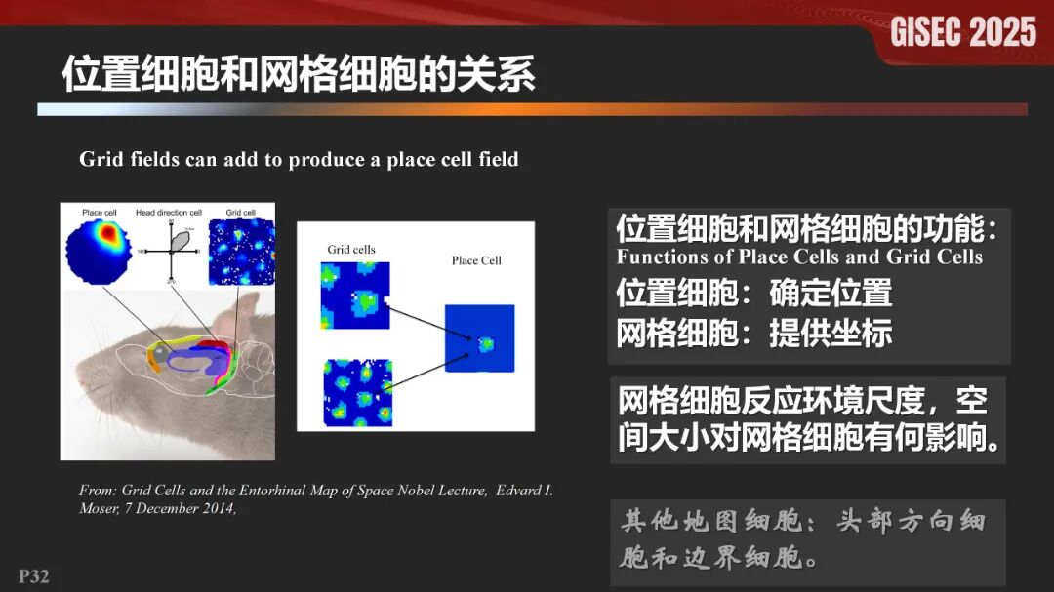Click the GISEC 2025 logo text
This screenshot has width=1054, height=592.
click(x=963, y=32)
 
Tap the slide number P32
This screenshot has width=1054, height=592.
click(x=34, y=575)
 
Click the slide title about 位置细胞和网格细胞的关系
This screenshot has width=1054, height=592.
click(x=299, y=74)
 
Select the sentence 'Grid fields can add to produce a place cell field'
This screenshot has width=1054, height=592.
click(x=299, y=159)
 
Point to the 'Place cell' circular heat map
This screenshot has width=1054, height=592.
click(x=99, y=251)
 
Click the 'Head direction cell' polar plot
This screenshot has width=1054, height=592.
click(x=171, y=251)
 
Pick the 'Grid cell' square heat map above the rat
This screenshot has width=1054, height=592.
click(x=240, y=251)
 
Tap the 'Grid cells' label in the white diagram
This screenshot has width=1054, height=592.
click(x=351, y=250)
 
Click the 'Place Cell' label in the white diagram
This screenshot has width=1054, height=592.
click(x=476, y=260)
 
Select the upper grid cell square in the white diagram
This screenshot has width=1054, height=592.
click(x=354, y=296)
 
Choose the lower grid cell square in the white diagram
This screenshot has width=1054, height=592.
click(x=356, y=393)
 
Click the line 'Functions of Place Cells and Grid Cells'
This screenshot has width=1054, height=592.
click(x=799, y=257)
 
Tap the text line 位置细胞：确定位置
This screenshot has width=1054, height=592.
click(x=753, y=293)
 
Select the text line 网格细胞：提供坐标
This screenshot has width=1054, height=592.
click(x=753, y=333)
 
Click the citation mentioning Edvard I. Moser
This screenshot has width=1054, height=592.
click(x=315, y=498)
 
